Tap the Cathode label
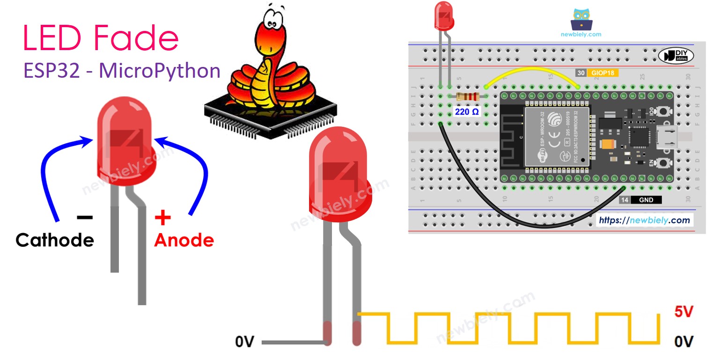[x=55, y=240]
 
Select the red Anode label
[x=184, y=240]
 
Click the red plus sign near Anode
[x=162, y=218]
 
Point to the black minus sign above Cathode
[x=84, y=217]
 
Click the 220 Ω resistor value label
[x=466, y=112]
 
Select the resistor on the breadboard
[x=468, y=96]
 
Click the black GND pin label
[x=646, y=200]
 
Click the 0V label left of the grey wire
[x=244, y=343]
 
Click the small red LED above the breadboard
[x=444, y=15]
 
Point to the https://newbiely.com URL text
[x=644, y=220]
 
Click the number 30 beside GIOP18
[x=581, y=73]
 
